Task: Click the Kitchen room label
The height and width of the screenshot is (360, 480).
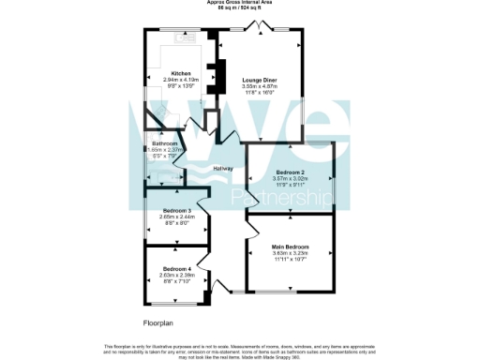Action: pos(182,73)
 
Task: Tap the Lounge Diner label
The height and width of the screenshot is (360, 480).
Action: pos(258,81)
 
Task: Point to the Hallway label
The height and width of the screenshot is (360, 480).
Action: pos(223,168)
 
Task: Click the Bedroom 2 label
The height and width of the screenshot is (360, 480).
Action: pos(290,172)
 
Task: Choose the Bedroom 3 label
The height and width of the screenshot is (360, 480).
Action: pos(176,210)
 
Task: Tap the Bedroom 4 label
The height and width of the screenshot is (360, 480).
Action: pos(176,269)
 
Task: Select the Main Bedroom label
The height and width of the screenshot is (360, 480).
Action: pos(290,246)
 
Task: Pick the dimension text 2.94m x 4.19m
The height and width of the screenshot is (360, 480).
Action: pos(182,80)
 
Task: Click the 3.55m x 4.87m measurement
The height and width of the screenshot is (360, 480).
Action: pos(258,86)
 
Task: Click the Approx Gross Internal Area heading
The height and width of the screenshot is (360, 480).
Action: pos(240,3)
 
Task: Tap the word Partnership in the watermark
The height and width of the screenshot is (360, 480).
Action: pos(280,201)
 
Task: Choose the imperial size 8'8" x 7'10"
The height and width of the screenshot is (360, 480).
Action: pos(176,280)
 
